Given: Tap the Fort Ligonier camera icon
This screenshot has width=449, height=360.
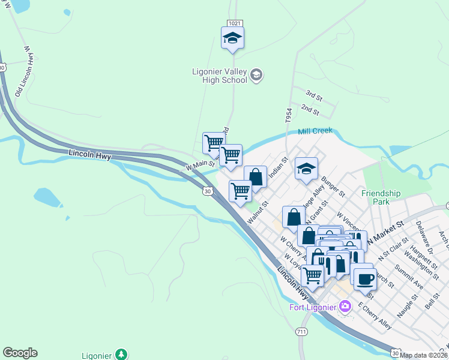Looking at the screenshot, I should [x=345, y=307].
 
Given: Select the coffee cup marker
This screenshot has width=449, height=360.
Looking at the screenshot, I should [x=365, y=278].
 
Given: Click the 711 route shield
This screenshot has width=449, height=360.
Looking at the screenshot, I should [x=302, y=332].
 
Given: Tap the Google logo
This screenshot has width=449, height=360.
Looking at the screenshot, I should [x=20, y=353].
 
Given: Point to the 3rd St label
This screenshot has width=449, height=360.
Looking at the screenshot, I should [x=313, y=95].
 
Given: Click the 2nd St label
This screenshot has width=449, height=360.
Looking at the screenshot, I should [x=310, y=109].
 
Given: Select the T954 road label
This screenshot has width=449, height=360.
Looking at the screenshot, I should [x=289, y=116].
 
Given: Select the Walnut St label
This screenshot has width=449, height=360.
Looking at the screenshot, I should [x=256, y=213].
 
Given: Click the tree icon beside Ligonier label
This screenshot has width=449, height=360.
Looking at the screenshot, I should [x=121, y=354].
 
